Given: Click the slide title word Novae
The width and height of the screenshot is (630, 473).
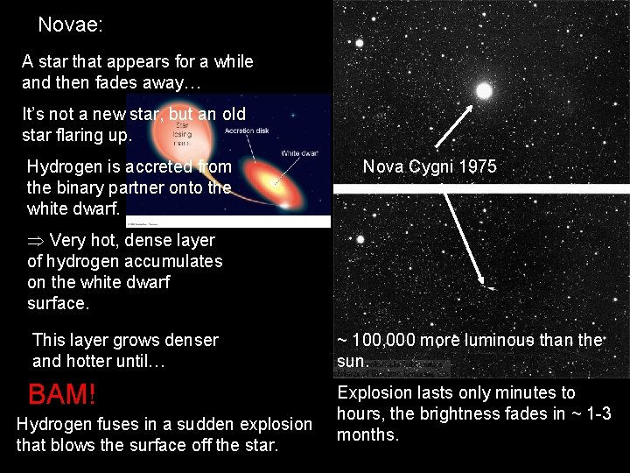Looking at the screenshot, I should point(70,25).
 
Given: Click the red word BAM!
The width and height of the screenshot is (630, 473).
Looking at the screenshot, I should point(61,394).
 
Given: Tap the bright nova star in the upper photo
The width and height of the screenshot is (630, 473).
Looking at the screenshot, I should point(483,89).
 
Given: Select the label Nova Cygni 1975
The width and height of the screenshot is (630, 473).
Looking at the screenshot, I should point(430,166).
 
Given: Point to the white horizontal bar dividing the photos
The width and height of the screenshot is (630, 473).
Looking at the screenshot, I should point(481,188).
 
